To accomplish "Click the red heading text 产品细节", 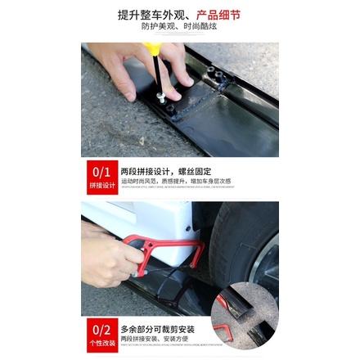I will tap(219, 15).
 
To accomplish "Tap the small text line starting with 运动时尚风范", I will tap(175, 181).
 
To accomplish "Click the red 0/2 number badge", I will tap(102, 329).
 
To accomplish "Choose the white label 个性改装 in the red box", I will tap(102, 343).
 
